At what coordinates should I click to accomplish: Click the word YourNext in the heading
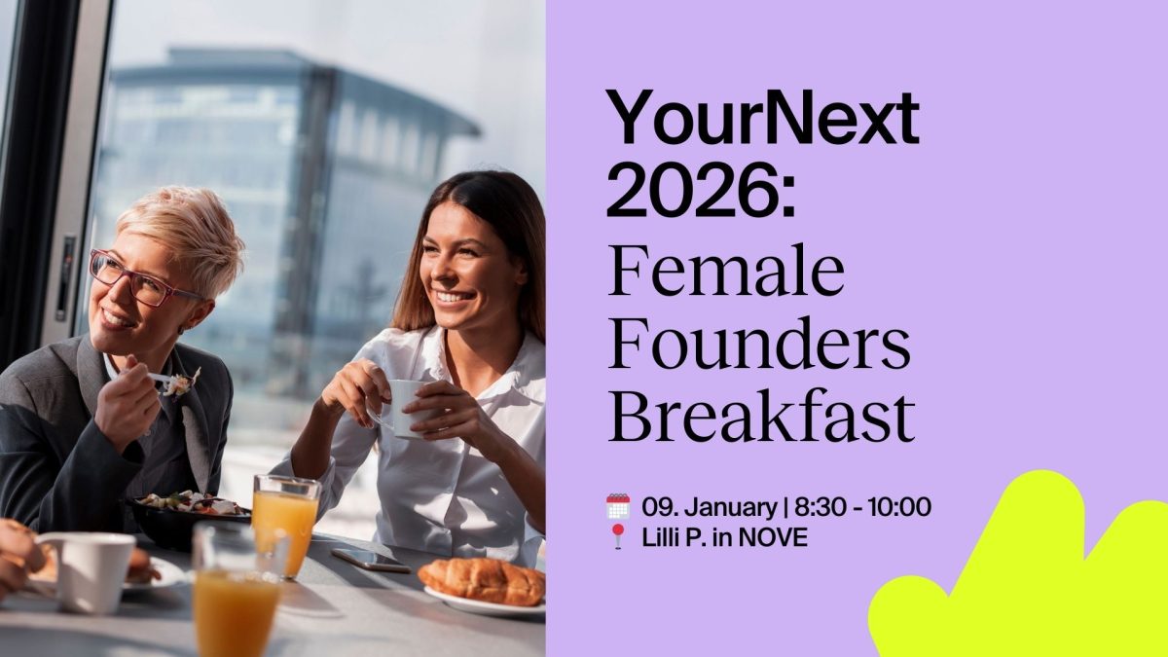point(762,118)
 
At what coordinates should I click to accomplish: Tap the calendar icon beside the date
point(618,506)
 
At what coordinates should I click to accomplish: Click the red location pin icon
point(618,536)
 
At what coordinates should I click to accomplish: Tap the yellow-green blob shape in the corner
point(1032,574)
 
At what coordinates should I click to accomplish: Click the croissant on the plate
point(483,581)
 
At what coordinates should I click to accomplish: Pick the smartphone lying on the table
point(370,560)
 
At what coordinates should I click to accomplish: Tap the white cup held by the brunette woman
point(403,406)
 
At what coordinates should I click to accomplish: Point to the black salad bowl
point(185,521)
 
